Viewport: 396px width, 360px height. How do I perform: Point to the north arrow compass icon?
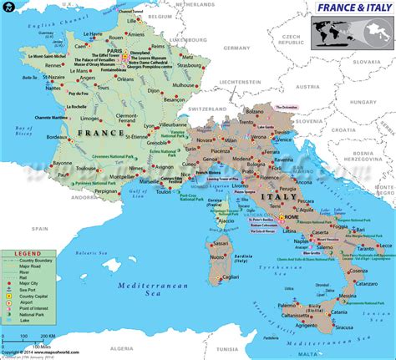(8, 8)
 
